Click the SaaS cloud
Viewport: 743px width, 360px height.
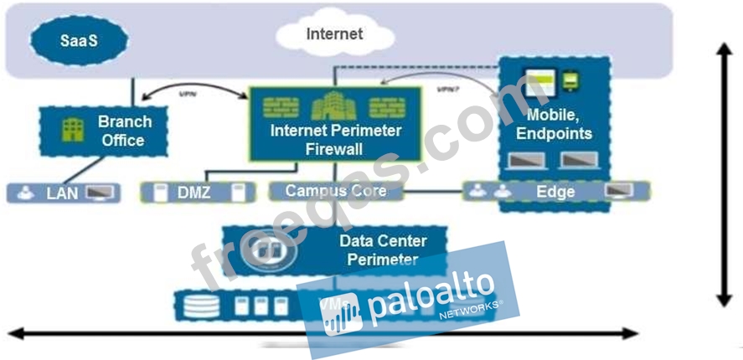click(x=79, y=39)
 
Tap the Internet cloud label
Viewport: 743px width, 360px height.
click(x=334, y=34)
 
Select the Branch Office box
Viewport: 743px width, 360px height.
click(x=106, y=131)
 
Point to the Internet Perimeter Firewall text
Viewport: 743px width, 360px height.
click(x=335, y=140)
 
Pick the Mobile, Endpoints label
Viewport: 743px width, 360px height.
click(x=554, y=123)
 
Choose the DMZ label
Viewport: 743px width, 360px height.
click(x=193, y=193)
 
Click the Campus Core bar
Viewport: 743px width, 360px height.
click(x=335, y=191)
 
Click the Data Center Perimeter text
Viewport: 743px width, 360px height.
click(x=382, y=249)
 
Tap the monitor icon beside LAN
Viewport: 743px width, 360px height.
click(x=102, y=193)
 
